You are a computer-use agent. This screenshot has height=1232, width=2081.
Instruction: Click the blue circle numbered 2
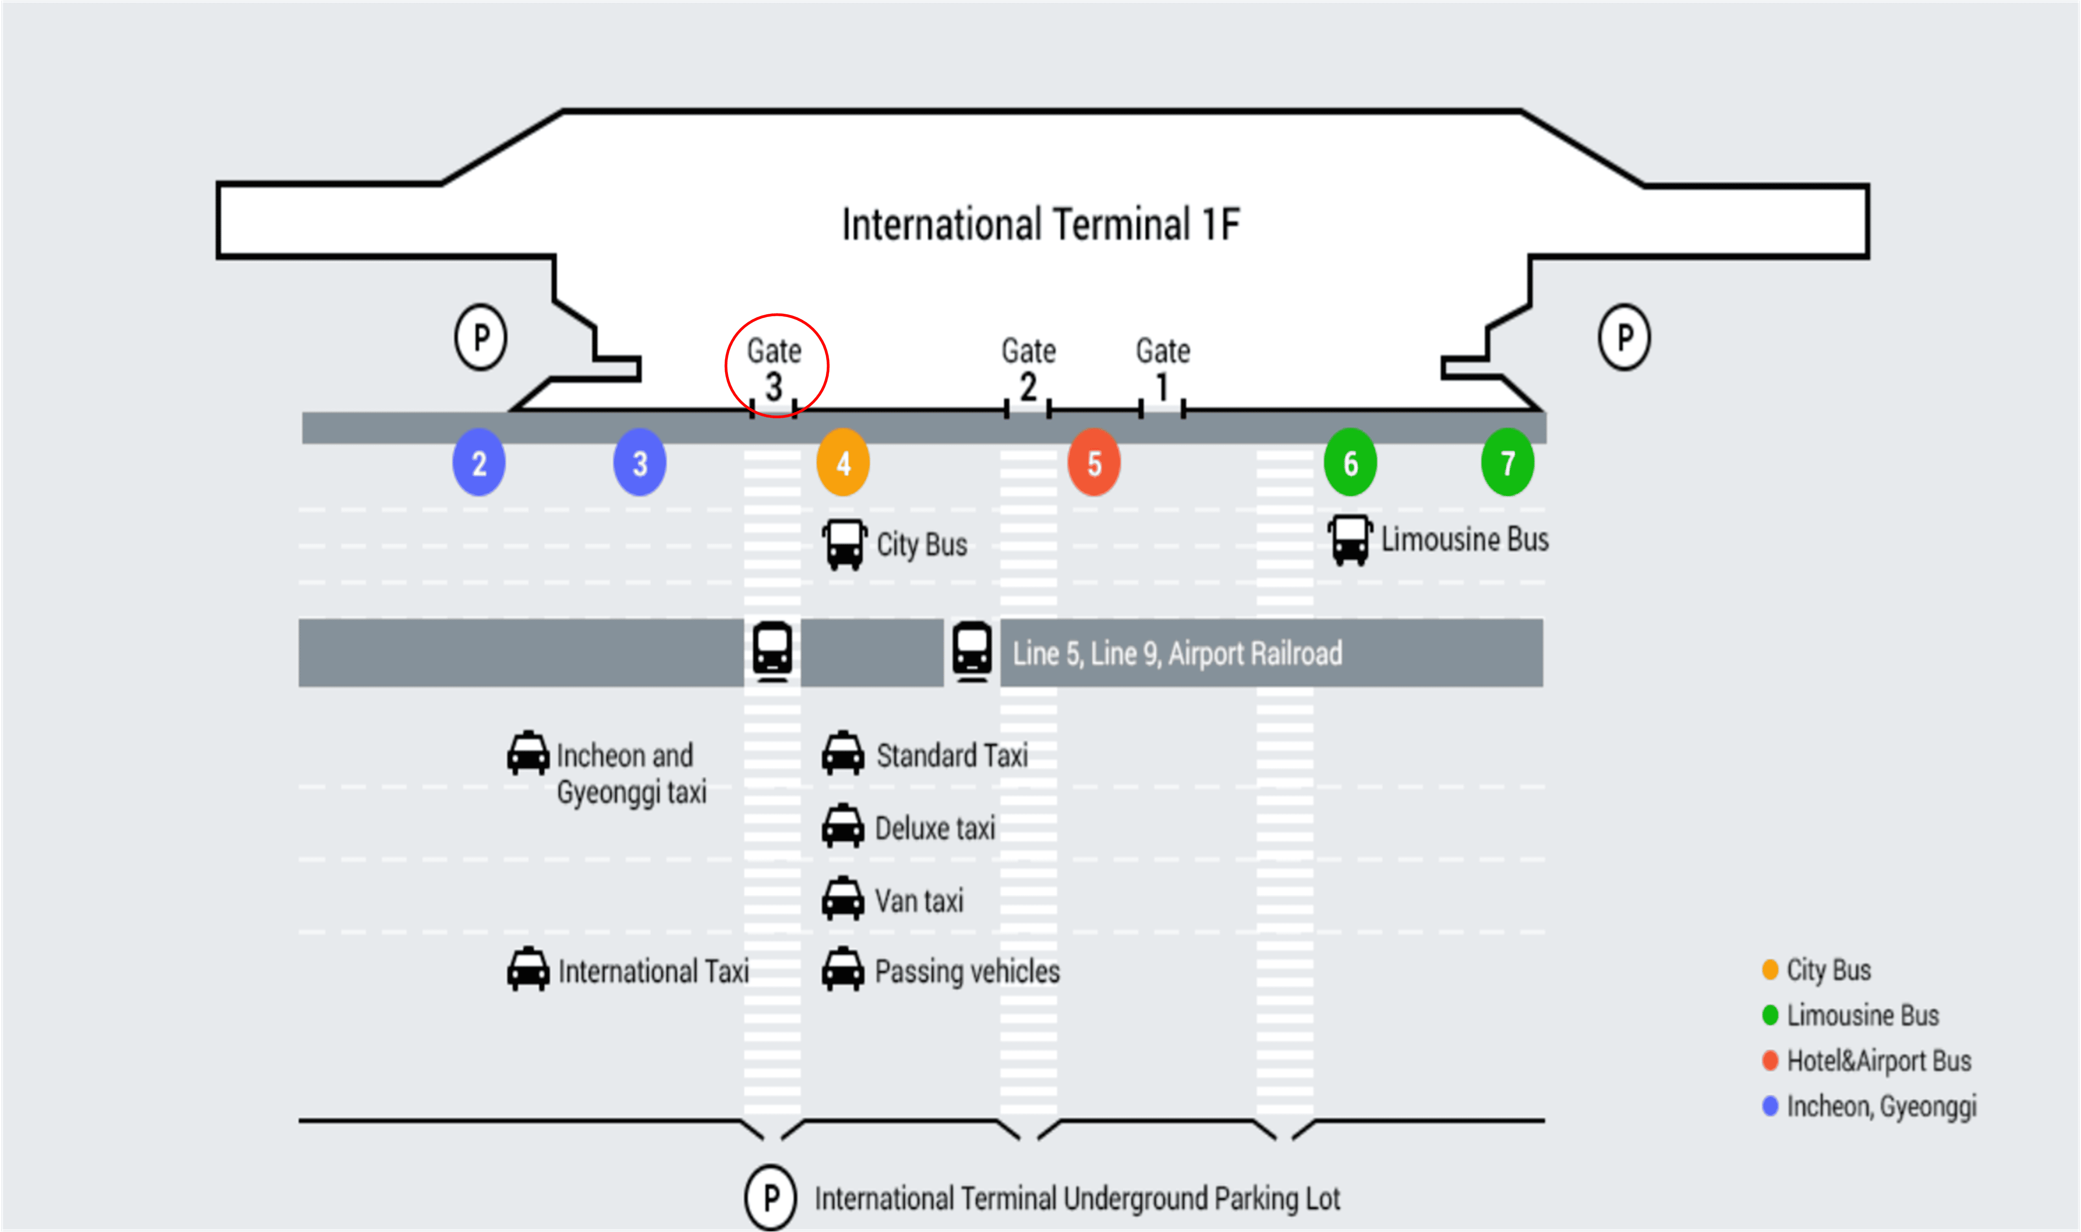coord(479,463)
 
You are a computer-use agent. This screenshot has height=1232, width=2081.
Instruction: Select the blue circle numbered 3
coord(639,463)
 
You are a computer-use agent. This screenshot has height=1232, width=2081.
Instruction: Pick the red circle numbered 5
coord(1094,463)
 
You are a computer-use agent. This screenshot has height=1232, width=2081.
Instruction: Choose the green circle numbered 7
coord(1508,463)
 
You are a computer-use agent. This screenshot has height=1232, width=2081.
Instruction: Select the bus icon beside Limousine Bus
coord(1350,540)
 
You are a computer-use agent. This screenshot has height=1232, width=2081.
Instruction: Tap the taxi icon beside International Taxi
coord(528,970)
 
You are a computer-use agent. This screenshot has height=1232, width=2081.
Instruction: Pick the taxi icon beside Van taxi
coord(843,899)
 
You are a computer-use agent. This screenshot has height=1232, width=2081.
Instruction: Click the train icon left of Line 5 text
coord(972,652)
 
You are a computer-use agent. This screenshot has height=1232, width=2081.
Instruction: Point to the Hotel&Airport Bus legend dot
coord(1770,1060)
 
